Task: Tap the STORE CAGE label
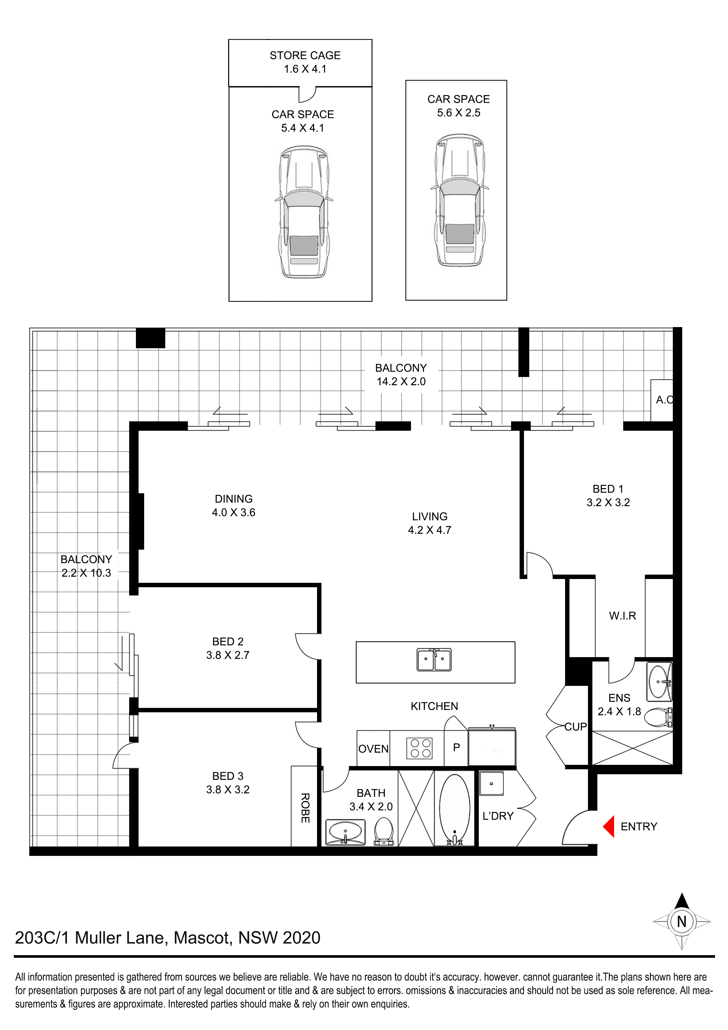pos(305,55)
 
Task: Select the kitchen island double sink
pos(434,659)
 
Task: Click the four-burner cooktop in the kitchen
pos(419,748)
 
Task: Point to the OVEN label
pos(373,749)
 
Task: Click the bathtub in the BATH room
pos(454,809)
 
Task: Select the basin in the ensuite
pos(659,681)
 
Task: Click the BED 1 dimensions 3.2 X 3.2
pos(608,502)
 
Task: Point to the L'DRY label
pos(498,816)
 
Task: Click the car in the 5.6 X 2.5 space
pos(459,200)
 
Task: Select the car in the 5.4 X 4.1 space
pos(304,212)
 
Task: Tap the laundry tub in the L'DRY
pos(491,783)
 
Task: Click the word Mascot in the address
pos(203,938)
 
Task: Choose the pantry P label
pos(457,747)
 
